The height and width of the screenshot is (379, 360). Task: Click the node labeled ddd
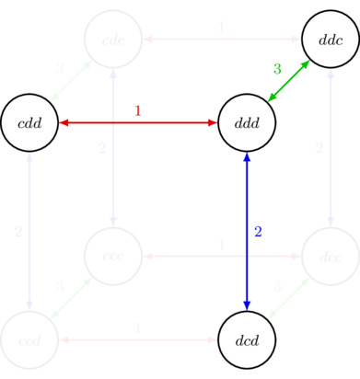tap(247, 122)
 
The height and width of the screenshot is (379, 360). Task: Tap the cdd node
tap(30, 122)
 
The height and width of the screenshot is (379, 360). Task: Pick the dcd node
tap(247, 339)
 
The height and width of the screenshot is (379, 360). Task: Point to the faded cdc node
tap(112, 40)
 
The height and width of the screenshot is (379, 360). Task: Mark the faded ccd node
tap(30, 339)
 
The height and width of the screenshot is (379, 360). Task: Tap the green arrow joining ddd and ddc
tap(288, 81)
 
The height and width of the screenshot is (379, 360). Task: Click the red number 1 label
tap(138, 110)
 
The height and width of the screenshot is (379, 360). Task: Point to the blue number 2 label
tap(259, 232)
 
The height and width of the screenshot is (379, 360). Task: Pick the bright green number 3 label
tap(276, 68)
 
